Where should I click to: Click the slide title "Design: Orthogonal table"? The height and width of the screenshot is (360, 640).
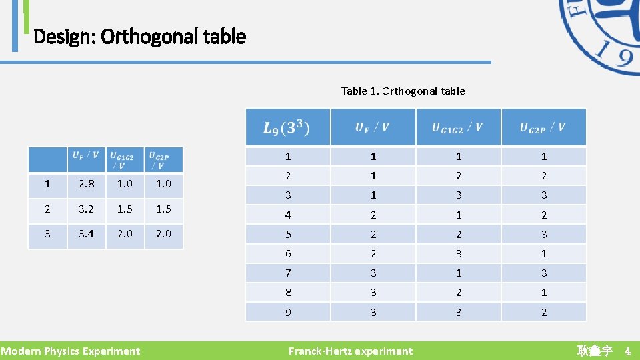[x=139, y=36]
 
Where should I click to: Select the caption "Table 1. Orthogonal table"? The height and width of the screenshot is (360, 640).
[x=403, y=91]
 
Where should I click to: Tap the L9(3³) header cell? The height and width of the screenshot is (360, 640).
[x=287, y=127]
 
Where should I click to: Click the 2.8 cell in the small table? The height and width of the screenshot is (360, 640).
[x=86, y=184]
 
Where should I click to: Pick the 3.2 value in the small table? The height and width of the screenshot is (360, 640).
[x=86, y=209]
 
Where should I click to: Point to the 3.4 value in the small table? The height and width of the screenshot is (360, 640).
[x=86, y=233]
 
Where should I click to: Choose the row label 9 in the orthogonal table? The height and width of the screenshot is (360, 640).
[x=288, y=312]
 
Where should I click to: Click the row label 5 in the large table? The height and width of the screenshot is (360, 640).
[x=288, y=234]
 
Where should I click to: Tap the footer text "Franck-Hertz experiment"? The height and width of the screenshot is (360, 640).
[x=350, y=351]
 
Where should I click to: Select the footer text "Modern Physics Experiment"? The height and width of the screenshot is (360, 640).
[x=70, y=351]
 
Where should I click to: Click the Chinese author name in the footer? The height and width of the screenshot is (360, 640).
[x=594, y=351]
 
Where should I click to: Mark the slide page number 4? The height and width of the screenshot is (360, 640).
[x=627, y=351]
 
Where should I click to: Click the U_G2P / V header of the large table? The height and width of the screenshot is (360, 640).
[x=543, y=127]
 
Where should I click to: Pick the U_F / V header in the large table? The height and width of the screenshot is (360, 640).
[x=373, y=127]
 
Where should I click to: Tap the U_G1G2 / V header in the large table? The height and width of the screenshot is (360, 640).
[x=458, y=127]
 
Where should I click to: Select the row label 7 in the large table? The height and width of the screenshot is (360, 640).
[x=288, y=273]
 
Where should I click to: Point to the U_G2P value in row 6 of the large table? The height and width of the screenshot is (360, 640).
[x=544, y=253]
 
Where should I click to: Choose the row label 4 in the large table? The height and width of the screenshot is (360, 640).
[x=288, y=215]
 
